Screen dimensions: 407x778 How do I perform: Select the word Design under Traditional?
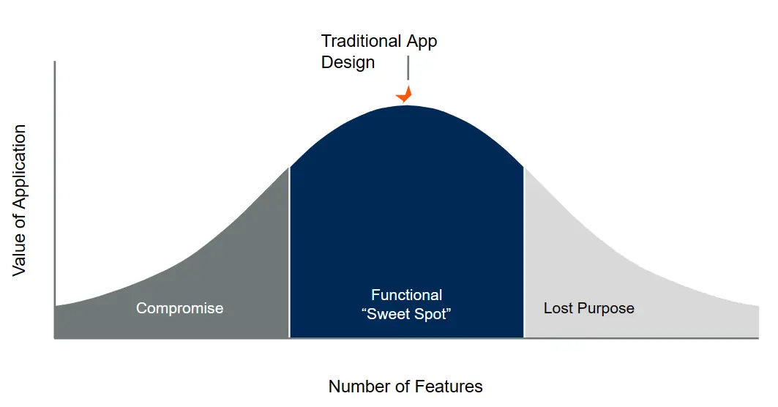(x=348, y=62)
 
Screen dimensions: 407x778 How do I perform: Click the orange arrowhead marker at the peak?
(x=405, y=95)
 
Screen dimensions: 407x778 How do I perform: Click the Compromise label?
(x=179, y=308)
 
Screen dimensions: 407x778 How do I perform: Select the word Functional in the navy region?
(x=406, y=295)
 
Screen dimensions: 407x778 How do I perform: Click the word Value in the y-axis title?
(x=19, y=256)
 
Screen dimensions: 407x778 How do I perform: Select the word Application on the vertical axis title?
(x=19, y=173)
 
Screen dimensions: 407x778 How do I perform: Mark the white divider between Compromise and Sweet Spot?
(x=290, y=256)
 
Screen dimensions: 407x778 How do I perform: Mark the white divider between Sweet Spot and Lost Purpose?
(x=524, y=256)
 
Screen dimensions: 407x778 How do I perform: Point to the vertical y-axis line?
(x=55, y=183)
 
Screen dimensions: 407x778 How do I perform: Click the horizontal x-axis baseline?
(x=403, y=338)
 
